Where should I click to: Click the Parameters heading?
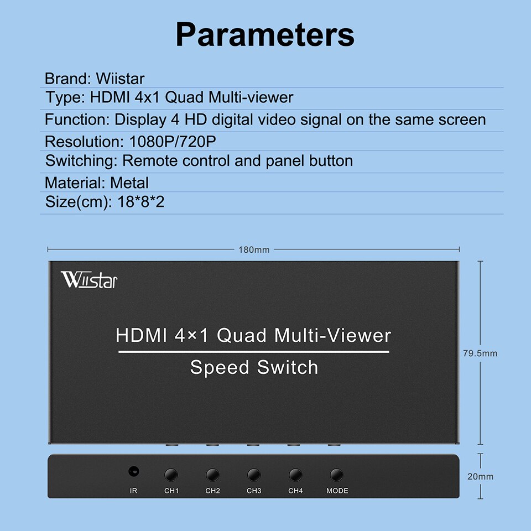tap(265, 34)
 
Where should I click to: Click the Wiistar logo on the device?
tap(89, 279)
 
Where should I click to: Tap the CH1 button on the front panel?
tap(171, 475)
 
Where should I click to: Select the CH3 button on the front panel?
tap(254, 475)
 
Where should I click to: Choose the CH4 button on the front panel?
tap(295, 475)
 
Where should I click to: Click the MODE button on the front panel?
tap(337, 475)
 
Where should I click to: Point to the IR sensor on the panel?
tap(133, 472)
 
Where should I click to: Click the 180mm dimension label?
tap(254, 249)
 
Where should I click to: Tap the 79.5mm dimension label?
tap(480, 353)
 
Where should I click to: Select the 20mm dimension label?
tap(480, 476)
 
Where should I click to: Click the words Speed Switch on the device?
tap(254, 367)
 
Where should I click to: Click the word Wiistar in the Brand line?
tap(120, 79)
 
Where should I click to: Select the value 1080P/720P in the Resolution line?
tap(172, 142)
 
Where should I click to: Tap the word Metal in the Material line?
tap(129, 183)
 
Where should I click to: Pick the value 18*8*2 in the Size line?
tap(141, 202)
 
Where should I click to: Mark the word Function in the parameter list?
tap(75, 119)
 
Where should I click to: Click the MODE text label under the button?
tap(337, 491)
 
